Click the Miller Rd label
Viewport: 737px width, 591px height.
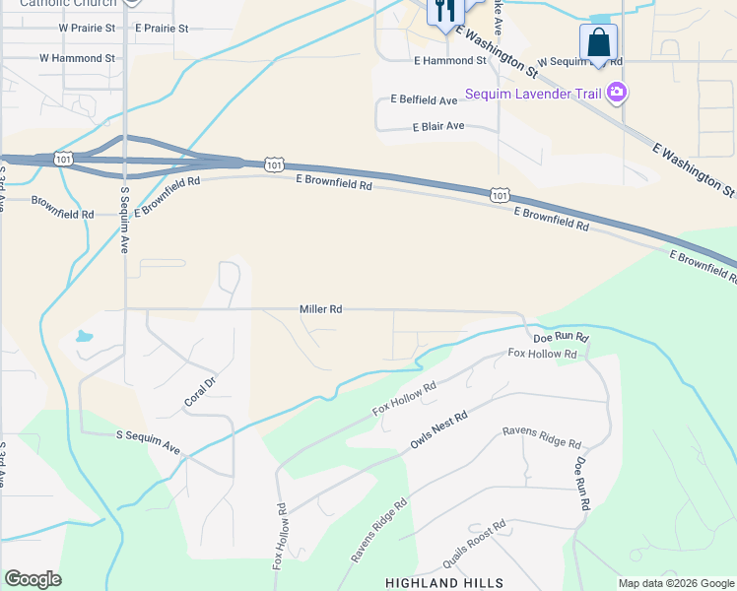click(x=320, y=309)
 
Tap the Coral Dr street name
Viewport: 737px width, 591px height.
click(x=199, y=391)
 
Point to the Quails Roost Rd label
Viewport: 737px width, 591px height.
click(x=474, y=547)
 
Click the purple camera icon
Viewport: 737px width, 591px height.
click(x=618, y=94)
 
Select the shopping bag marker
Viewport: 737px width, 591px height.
click(x=598, y=43)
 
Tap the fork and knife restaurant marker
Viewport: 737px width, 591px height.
click(x=445, y=11)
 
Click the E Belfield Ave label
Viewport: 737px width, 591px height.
click(x=424, y=100)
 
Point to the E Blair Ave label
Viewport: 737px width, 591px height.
click(x=438, y=127)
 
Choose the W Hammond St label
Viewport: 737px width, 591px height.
click(x=77, y=59)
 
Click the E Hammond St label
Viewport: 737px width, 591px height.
click(x=449, y=61)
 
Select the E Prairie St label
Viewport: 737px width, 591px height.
click(x=163, y=29)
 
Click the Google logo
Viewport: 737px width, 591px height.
click(x=33, y=579)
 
